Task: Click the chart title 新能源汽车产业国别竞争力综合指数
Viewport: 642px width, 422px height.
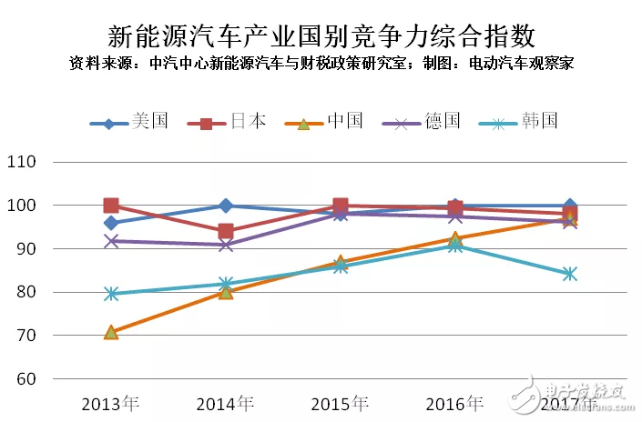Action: click(x=321, y=36)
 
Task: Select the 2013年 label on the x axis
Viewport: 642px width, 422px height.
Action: click(x=110, y=403)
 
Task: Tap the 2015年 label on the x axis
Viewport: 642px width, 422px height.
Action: click(x=340, y=403)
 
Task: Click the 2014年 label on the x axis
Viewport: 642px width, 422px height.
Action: click(x=225, y=403)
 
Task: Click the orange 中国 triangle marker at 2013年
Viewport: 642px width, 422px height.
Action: click(x=111, y=333)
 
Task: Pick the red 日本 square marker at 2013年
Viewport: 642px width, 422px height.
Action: click(x=111, y=206)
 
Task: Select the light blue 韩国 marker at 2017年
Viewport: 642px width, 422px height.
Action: click(x=570, y=274)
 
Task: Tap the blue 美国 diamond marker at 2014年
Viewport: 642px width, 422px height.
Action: click(x=226, y=206)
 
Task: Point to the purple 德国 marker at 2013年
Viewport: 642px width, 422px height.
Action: click(x=111, y=241)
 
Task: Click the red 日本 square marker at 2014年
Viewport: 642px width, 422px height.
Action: click(x=226, y=231)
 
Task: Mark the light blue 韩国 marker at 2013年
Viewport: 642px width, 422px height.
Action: click(x=111, y=294)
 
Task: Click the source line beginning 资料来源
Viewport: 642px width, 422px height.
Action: click(x=321, y=64)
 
